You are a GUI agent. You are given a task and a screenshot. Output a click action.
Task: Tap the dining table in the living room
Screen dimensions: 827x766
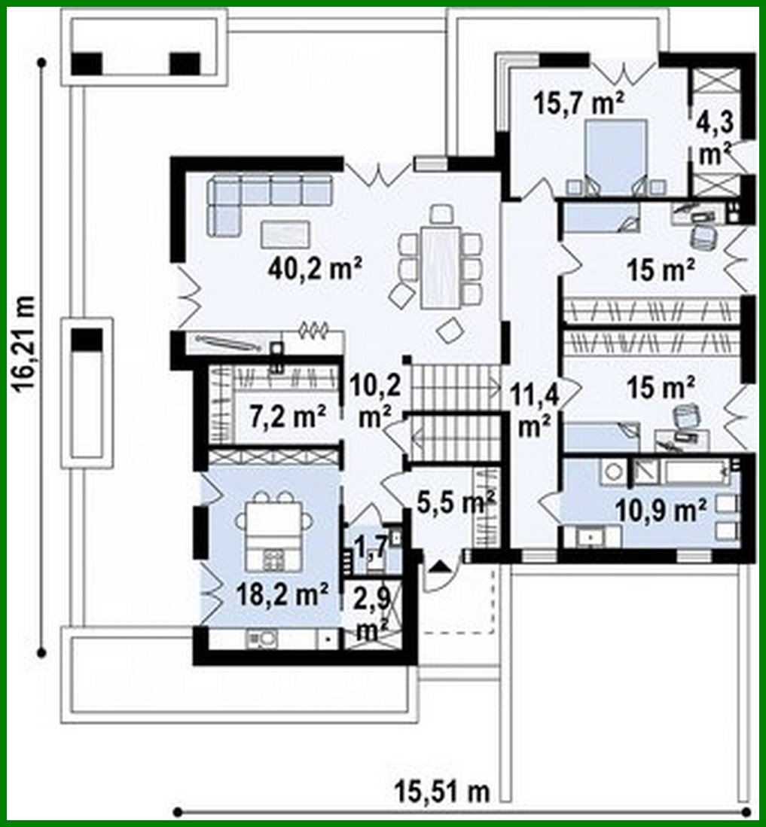(x=441, y=267)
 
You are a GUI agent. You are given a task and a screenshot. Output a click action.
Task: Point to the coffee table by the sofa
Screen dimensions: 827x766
(x=284, y=233)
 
